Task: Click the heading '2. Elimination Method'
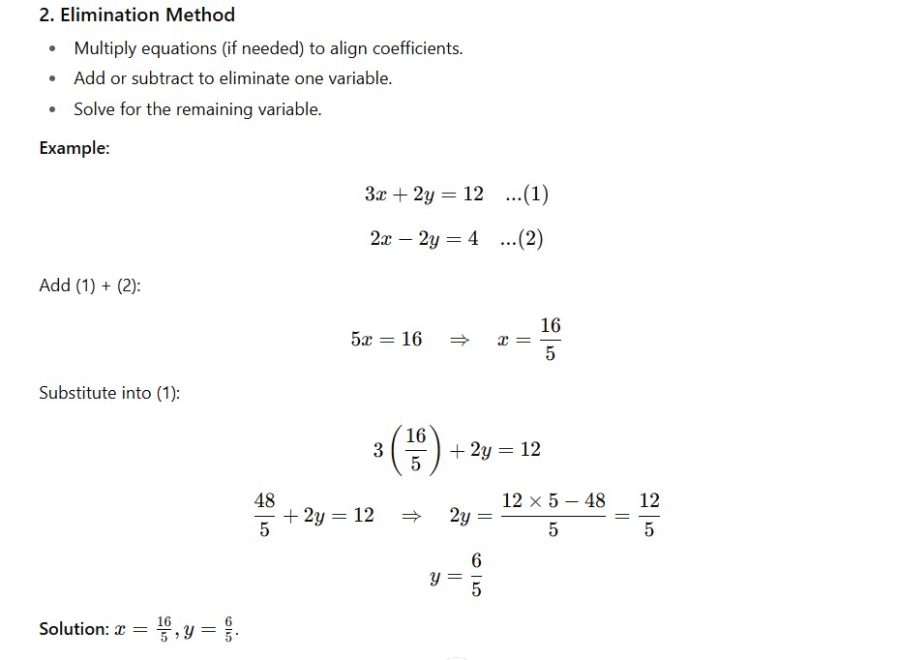pos(136,15)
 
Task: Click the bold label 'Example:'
pos(75,148)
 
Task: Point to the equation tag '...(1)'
pos(526,195)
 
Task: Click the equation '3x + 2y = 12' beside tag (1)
pos(424,195)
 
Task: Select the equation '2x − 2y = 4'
pos(424,239)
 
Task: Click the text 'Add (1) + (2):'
pos(90,285)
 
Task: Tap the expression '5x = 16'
pos(386,340)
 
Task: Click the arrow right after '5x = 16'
pos(460,340)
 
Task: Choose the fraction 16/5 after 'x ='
pos(551,339)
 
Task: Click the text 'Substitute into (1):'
pos(109,393)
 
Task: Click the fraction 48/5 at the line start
pos(264,515)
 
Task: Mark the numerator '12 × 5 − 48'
pos(553,501)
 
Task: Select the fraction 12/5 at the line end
pos(649,515)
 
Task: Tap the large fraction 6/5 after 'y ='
pos(476,575)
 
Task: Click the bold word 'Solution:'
pos(74,629)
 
